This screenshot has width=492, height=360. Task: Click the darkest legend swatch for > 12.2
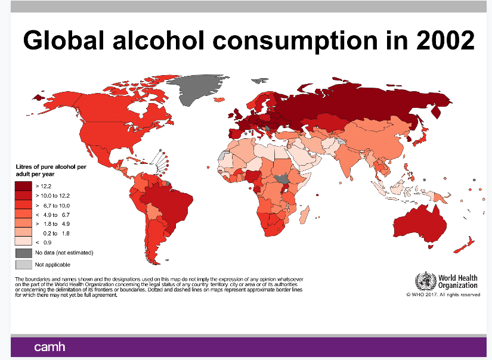(24, 186)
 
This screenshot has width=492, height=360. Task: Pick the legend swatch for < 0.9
(24, 242)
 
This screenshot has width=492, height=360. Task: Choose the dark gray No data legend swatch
(24, 253)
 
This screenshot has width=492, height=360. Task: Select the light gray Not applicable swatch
(24, 264)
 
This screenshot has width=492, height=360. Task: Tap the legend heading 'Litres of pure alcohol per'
(51, 167)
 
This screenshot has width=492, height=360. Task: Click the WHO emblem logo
(425, 281)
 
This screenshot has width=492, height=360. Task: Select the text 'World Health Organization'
(457, 281)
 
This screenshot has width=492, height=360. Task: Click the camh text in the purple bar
(49, 347)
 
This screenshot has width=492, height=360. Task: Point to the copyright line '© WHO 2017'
(443, 294)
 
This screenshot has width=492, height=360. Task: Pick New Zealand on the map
(464, 244)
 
